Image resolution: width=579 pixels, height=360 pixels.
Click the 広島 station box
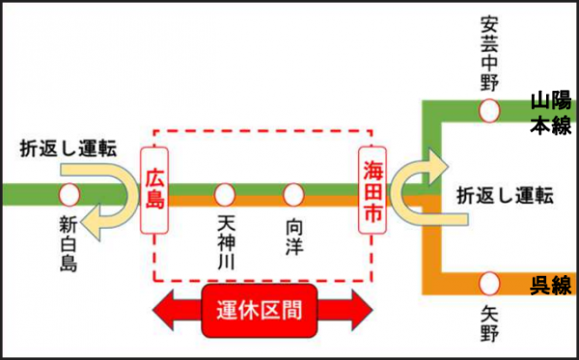pyautogui.click(x=153, y=190)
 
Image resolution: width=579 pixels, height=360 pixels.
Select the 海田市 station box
pyautogui.click(x=372, y=190)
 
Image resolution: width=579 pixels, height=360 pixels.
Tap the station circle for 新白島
pyautogui.click(x=69, y=195)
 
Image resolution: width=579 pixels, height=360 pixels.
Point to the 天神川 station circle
pyautogui.click(x=226, y=195)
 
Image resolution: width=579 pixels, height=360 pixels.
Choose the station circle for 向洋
pyautogui.click(x=294, y=195)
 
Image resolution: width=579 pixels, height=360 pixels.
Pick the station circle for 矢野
pyautogui.click(x=490, y=283)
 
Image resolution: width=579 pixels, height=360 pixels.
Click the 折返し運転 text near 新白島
pyautogui.click(x=69, y=149)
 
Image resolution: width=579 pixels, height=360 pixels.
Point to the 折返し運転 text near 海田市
pyautogui.click(x=505, y=195)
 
